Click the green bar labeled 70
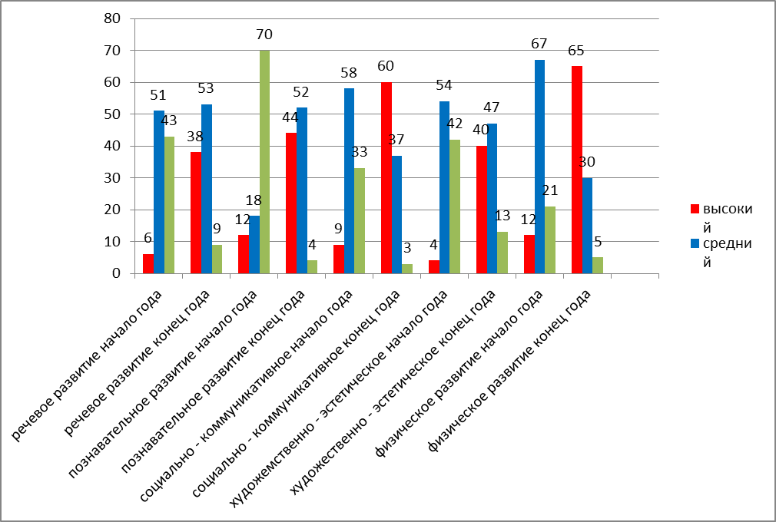point(264,161)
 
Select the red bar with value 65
point(577,169)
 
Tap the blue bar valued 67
point(540,166)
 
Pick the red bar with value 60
point(386,177)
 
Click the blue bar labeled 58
point(350,180)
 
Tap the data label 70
point(264,35)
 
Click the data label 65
point(576,51)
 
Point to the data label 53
point(207,88)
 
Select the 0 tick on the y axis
point(114,273)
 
